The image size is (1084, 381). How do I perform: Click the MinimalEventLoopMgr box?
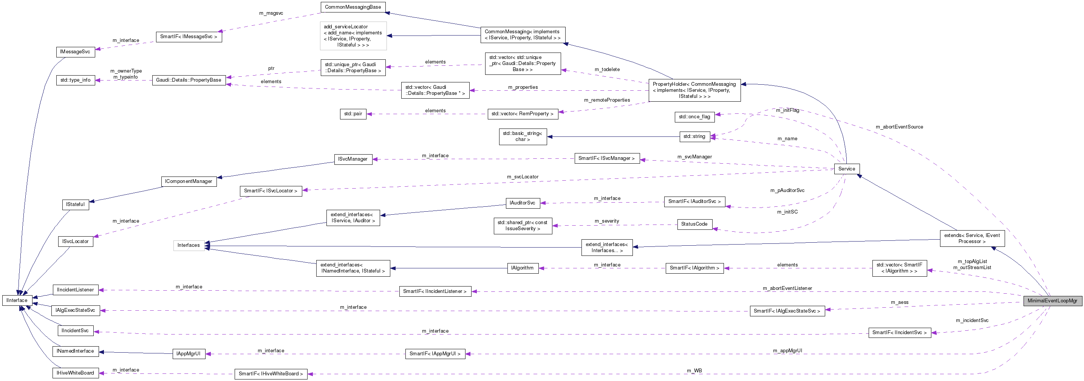tap(1052, 300)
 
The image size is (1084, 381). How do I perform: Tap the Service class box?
tap(846, 169)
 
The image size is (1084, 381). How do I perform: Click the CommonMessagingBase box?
tap(353, 7)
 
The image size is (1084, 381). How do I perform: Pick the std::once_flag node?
tap(694, 117)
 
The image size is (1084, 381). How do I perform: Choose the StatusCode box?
tap(694, 224)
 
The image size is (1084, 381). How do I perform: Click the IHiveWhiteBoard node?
tap(75, 373)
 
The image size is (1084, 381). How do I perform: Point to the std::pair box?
tap(353, 114)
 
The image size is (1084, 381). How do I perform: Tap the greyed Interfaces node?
tap(189, 245)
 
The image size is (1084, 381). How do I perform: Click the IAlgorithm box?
tap(522, 268)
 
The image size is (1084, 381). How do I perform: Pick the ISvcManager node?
tap(353, 159)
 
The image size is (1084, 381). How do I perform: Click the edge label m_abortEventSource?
tap(899, 127)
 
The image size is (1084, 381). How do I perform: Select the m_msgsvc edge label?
tap(271, 13)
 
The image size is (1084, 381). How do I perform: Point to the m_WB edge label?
tap(694, 370)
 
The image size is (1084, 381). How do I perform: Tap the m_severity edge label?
tap(606, 221)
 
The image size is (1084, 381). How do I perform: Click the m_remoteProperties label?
tap(606, 100)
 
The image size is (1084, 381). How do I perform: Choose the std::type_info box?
tap(75, 80)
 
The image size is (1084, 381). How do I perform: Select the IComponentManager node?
tap(189, 181)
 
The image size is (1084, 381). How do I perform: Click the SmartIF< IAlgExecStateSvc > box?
tap(787, 311)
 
